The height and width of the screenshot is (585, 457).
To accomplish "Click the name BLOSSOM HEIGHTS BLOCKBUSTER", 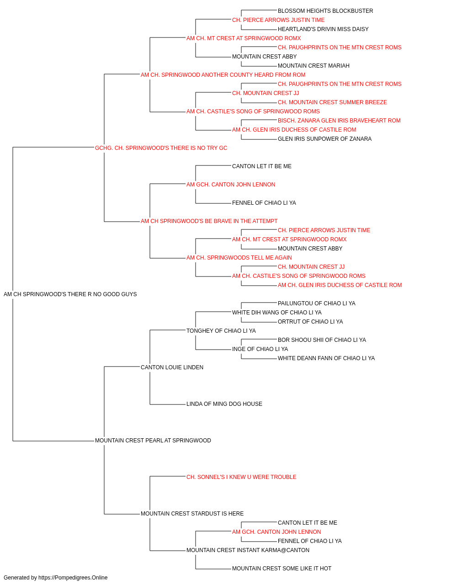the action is pyautogui.click(x=325, y=11).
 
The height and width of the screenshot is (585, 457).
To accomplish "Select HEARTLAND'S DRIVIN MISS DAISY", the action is pyautogui.click(x=323, y=29).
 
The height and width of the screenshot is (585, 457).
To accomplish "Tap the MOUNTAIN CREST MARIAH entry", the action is pyautogui.click(x=314, y=66).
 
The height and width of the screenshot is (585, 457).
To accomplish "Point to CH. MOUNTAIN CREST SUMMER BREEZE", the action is pyautogui.click(x=332, y=102).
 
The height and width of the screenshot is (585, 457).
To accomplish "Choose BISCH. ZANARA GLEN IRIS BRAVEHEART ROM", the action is pyautogui.click(x=339, y=121).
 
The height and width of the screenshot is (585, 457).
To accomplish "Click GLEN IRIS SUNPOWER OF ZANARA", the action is pyautogui.click(x=324, y=139).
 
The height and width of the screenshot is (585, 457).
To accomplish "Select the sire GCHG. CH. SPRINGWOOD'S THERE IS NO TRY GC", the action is pyautogui.click(x=161, y=149).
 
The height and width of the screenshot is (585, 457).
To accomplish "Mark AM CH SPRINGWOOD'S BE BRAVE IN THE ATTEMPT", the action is pyautogui.click(x=209, y=222).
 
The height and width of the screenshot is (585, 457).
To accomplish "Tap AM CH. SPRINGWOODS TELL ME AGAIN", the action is pyautogui.click(x=239, y=258).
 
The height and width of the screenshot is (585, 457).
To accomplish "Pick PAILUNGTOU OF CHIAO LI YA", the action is pyautogui.click(x=317, y=304).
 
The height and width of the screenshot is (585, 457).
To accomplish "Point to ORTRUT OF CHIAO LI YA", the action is pyautogui.click(x=310, y=322).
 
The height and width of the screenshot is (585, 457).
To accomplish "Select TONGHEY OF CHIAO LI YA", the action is pyautogui.click(x=221, y=331).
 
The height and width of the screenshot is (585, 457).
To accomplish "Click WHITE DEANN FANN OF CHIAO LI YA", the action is pyautogui.click(x=326, y=359).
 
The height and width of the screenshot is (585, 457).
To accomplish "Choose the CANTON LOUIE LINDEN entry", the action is pyautogui.click(x=172, y=368).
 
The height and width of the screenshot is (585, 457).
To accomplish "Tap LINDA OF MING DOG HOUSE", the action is pyautogui.click(x=224, y=404).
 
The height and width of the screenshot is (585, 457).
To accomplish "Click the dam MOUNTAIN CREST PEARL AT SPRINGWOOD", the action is pyautogui.click(x=153, y=441).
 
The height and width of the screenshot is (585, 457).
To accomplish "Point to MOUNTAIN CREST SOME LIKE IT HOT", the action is pyautogui.click(x=282, y=569).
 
